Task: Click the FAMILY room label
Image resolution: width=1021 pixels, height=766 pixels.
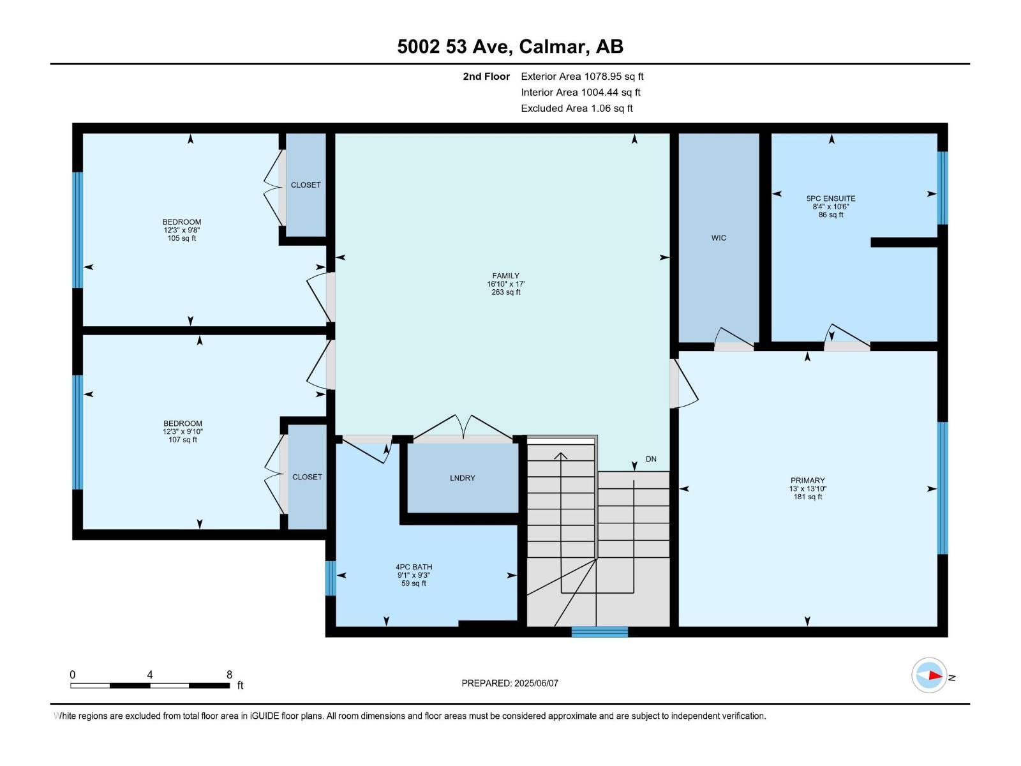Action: (x=505, y=276)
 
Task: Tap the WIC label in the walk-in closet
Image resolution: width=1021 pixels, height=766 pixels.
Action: (x=719, y=238)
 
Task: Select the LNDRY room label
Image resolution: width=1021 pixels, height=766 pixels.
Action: (x=462, y=478)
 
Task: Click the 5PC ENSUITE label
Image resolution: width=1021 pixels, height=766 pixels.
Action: (x=831, y=199)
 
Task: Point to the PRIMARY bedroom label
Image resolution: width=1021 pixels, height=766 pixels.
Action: (x=807, y=481)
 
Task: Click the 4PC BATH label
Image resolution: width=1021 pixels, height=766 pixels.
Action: (x=414, y=567)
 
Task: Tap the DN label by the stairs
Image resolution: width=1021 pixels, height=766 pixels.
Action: (x=651, y=459)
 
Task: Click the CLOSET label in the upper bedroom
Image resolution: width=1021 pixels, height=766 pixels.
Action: (x=306, y=185)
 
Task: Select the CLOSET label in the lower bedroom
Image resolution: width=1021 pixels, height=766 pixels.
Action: (x=307, y=477)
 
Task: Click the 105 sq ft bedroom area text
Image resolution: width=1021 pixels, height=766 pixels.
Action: (x=182, y=238)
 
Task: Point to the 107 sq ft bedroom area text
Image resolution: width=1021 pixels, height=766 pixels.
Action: (x=183, y=440)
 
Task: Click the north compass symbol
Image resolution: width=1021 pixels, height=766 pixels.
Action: (x=929, y=675)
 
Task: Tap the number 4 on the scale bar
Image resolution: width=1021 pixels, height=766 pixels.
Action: (x=149, y=675)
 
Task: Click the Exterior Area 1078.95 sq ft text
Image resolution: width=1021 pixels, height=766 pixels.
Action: (x=582, y=77)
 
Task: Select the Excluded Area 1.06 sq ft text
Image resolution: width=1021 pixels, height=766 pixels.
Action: (x=576, y=109)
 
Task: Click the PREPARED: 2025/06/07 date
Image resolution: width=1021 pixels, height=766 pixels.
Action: (x=510, y=683)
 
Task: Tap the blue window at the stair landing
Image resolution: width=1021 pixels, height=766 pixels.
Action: (x=599, y=632)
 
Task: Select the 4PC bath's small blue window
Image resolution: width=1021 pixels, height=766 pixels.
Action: (x=331, y=578)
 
